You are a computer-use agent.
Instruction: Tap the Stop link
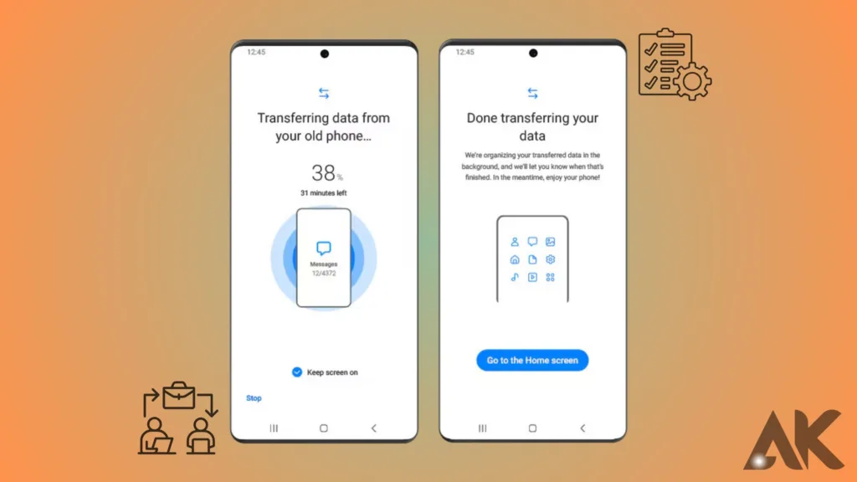(254, 397)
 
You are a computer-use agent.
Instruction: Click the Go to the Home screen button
(532, 360)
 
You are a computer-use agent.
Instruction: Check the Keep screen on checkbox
(297, 372)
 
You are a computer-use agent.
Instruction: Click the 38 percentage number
(324, 173)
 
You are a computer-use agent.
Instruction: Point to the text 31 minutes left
(324, 193)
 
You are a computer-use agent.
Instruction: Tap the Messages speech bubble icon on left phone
(324, 248)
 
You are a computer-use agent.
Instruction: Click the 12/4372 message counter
(324, 274)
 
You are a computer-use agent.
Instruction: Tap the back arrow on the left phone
(374, 428)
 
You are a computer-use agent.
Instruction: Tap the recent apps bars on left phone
(274, 428)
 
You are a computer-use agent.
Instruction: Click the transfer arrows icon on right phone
(533, 94)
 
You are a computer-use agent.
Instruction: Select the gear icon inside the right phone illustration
(551, 259)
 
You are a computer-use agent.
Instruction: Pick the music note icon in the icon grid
(515, 277)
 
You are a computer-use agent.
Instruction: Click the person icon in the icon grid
(515, 242)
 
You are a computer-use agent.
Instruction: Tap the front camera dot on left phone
(325, 54)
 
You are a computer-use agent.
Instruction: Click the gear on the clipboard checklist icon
(692, 81)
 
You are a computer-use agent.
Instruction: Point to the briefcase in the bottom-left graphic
(179, 395)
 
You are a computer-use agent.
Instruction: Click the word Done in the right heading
(481, 118)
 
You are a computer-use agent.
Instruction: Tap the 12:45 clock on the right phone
(465, 52)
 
